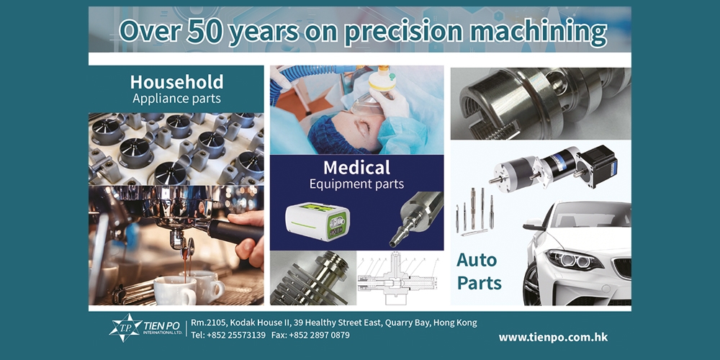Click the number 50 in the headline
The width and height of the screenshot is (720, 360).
point(204,30)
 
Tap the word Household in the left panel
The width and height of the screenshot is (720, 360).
point(177,82)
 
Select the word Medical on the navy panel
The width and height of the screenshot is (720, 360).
point(357,168)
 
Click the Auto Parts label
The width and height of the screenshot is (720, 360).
point(479,271)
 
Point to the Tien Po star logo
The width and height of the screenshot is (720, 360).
point(125,328)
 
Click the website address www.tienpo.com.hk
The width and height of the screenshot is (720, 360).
point(553,338)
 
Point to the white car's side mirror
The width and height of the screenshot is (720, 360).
point(533,225)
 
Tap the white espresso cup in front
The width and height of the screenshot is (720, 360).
point(174,291)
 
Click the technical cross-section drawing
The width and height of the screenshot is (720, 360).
point(400,279)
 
